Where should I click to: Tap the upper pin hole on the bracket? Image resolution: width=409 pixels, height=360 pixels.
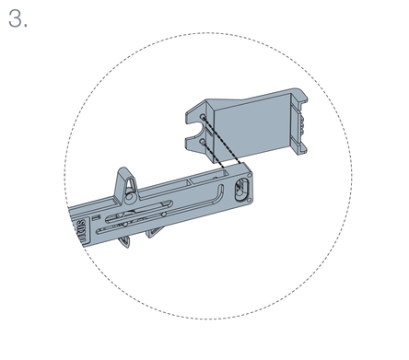(203, 117)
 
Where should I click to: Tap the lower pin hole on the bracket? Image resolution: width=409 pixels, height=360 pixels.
(203, 142)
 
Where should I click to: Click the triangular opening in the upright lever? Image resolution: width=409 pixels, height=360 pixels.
(131, 184)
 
